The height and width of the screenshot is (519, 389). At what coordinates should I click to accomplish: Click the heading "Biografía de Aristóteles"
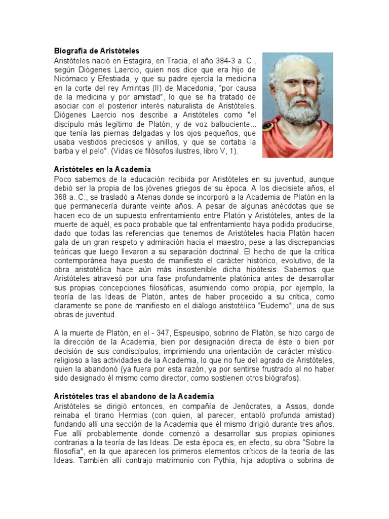[x=96, y=51]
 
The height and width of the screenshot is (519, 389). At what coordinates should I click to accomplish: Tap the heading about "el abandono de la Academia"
[x=134, y=395]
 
